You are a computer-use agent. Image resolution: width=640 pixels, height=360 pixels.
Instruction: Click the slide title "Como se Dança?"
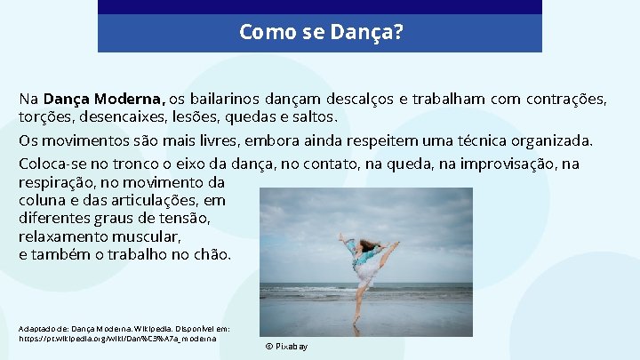[x=321, y=34]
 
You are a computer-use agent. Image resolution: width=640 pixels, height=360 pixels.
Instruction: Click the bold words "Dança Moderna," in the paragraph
[x=104, y=99]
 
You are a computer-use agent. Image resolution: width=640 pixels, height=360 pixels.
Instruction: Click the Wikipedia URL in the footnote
[x=122, y=339]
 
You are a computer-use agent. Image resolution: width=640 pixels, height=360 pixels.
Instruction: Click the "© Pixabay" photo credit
[x=286, y=346]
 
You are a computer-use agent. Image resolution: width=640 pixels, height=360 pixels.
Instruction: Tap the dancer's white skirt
[x=366, y=273]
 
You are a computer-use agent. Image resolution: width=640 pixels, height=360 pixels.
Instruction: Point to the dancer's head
[x=367, y=244]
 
